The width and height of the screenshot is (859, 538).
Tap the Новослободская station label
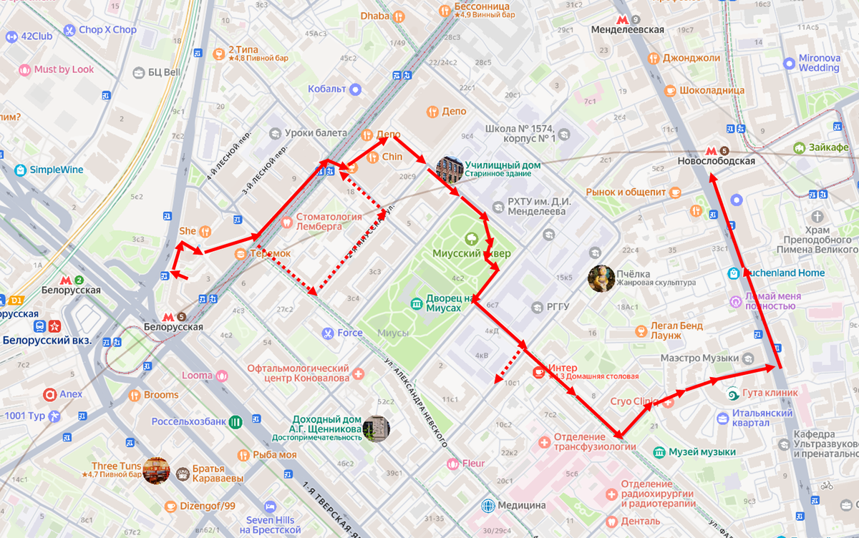click(716, 162)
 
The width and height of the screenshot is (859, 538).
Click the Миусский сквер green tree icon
click(471, 239)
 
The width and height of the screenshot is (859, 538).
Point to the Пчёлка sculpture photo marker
click(601, 278)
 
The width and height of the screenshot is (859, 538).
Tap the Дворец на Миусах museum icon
click(417, 303)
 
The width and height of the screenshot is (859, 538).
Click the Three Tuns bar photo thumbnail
click(156, 470)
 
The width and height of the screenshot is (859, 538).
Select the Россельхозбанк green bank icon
click(236, 421)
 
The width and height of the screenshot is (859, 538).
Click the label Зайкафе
click(830, 147)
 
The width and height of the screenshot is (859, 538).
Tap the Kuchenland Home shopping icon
click(734, 273)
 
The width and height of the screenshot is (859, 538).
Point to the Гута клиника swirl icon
click(732, 393)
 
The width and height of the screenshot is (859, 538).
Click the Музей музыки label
click(702, 452)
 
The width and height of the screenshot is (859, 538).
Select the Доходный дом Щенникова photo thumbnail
click(376, 428)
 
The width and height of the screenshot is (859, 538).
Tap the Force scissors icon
click(327, 333)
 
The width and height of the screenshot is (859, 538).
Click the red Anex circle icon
click(49, 394)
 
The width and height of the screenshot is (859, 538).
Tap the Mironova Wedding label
click(819, 63)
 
